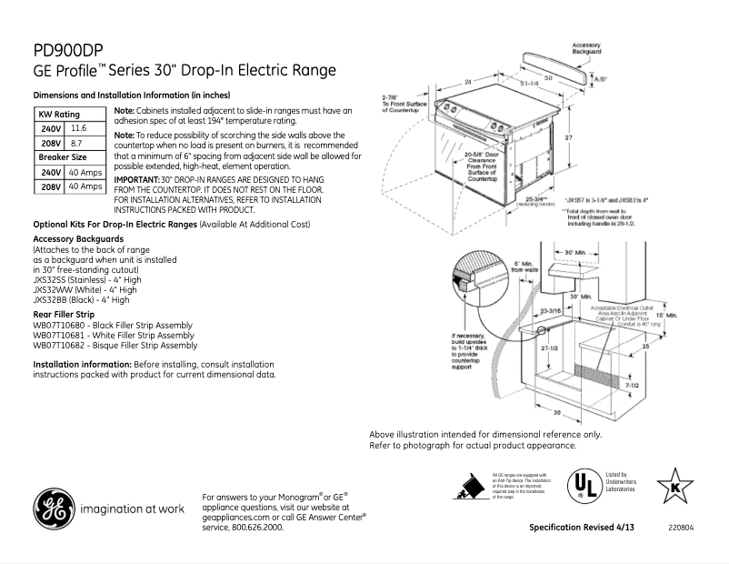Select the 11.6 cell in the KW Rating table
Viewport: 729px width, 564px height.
coord(78,129)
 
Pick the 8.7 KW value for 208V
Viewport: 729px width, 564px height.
coord(76,144)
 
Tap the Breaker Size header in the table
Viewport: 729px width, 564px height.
coord(61,157)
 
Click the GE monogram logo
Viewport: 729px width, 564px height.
coord(55,509)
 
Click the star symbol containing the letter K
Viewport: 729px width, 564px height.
coord(675,485)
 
